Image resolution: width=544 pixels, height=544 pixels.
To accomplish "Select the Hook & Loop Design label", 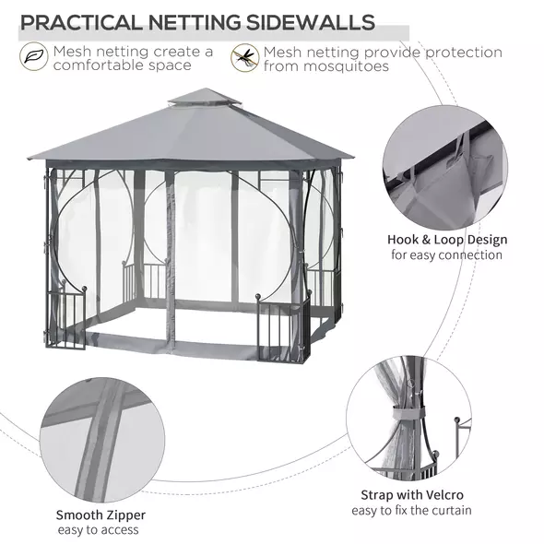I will coord(446,240).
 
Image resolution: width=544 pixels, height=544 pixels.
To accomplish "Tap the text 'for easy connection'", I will coord(446,254).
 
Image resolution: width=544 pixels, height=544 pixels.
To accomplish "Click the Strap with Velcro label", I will coord(411,495).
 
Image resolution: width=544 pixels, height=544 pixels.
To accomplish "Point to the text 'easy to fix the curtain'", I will coord(411,510).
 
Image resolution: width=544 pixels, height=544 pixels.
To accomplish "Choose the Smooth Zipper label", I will coord(101,514).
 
